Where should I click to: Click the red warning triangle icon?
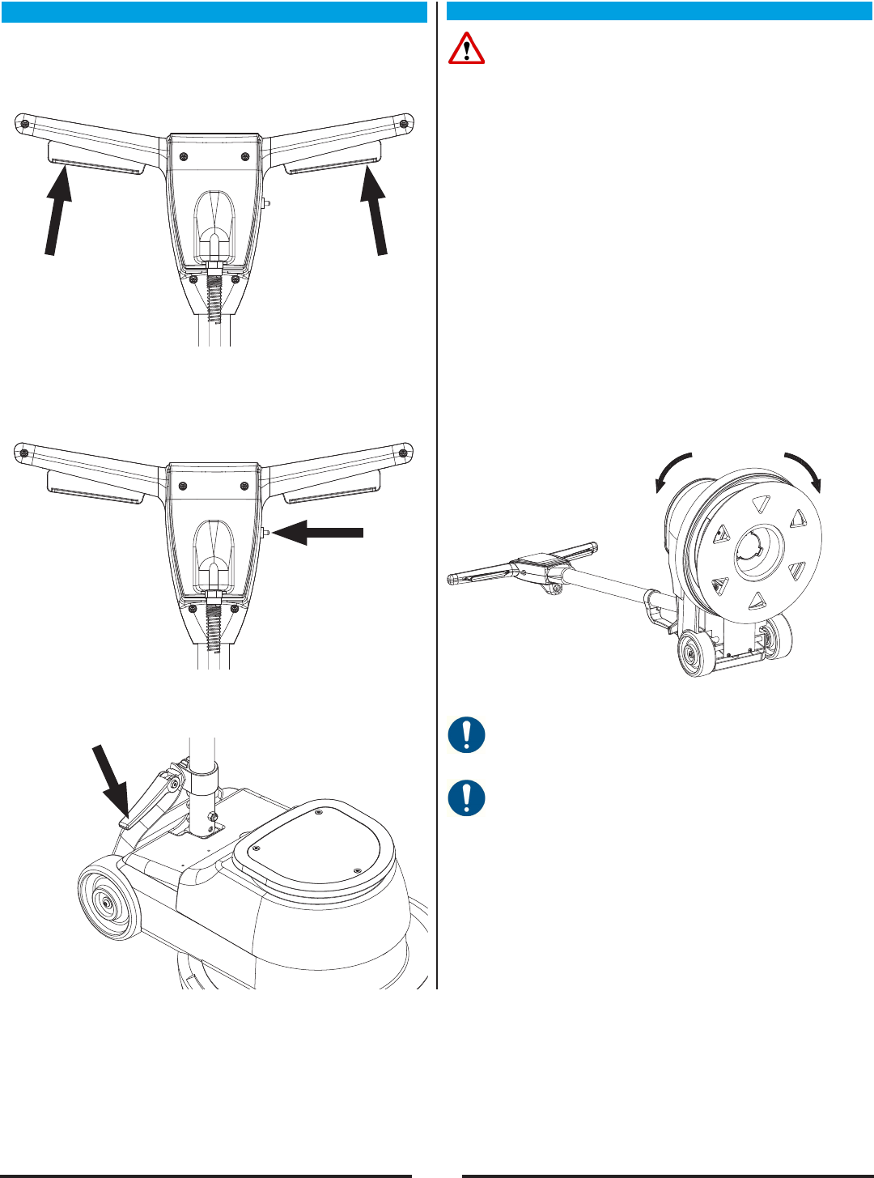point(466,49)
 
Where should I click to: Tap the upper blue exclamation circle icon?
point(466,736)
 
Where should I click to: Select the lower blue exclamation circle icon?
point(466,797)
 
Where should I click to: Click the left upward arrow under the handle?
point(57,212)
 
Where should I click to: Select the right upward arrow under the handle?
point(375,212)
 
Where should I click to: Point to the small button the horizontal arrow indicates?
point(266,532)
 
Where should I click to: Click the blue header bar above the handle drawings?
point(214,12)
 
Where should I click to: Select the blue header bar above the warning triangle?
point(659,12)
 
